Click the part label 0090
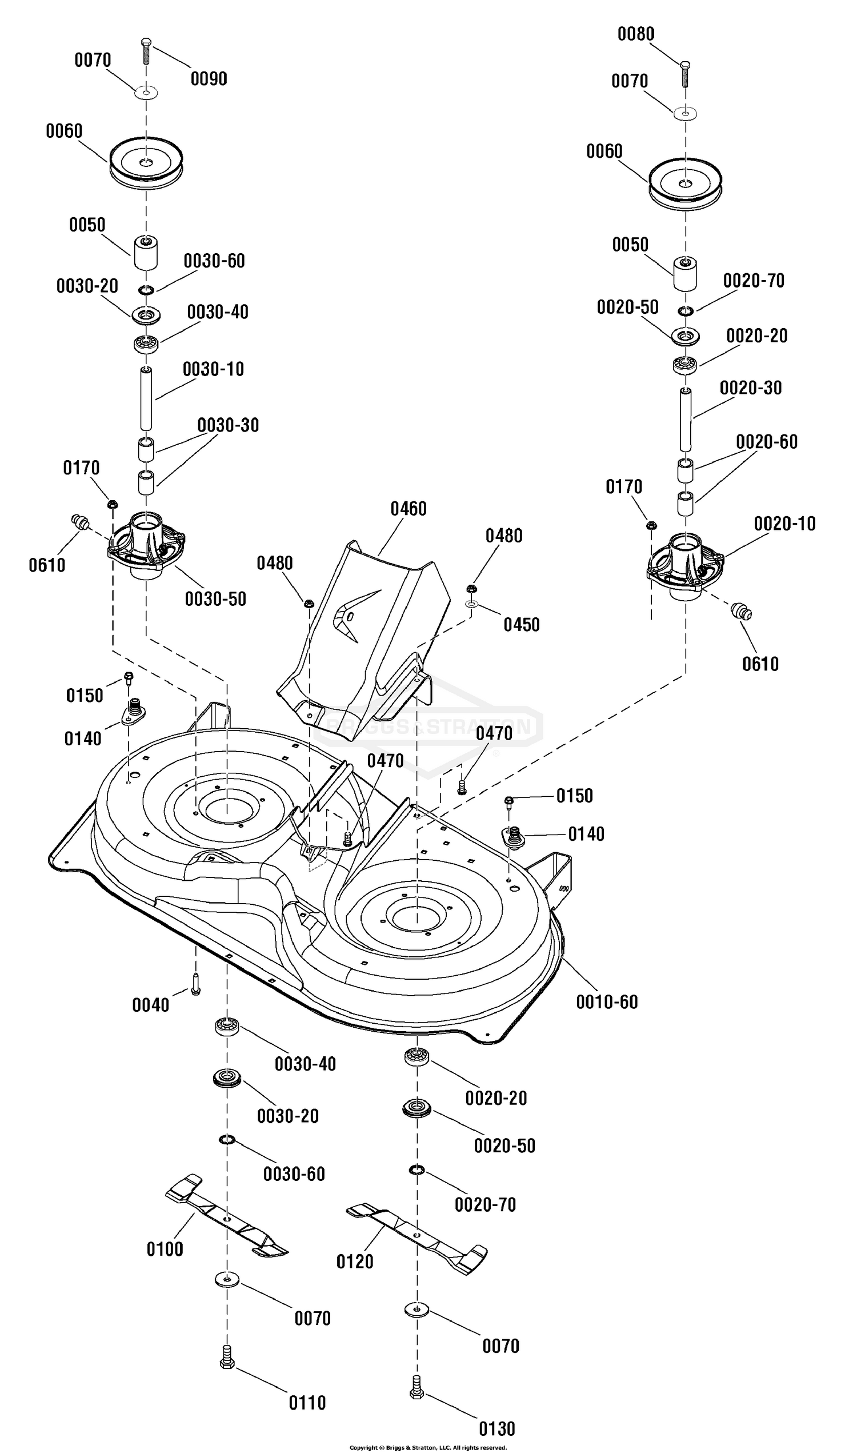click(209, 78)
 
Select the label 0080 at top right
click(636, 34)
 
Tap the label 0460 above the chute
click(409, 509)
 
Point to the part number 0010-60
click(607, 1002)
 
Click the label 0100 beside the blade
click(165, 1249)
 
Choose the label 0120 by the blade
click(355, 1261)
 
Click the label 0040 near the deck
click(151, 1005)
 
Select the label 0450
click(522, 625)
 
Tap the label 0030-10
click(213, 369)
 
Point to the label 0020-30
click(750, 388)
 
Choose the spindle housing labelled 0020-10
click(686, 562)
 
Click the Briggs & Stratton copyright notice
click(428, 1448)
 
